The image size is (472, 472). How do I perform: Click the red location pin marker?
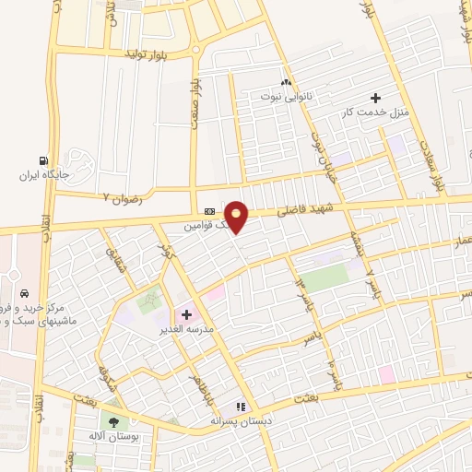(238, 218)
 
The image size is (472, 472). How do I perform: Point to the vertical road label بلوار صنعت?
(195, 89)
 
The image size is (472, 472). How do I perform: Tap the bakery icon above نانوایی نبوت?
(286, 81)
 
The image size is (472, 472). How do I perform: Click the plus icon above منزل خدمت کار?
(375, 98)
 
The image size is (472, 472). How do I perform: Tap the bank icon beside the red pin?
(209, 210)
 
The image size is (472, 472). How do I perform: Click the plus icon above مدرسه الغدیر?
(186, 314)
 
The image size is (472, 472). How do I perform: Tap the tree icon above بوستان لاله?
(113, 422)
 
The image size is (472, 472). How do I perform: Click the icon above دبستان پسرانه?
(242, 406)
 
